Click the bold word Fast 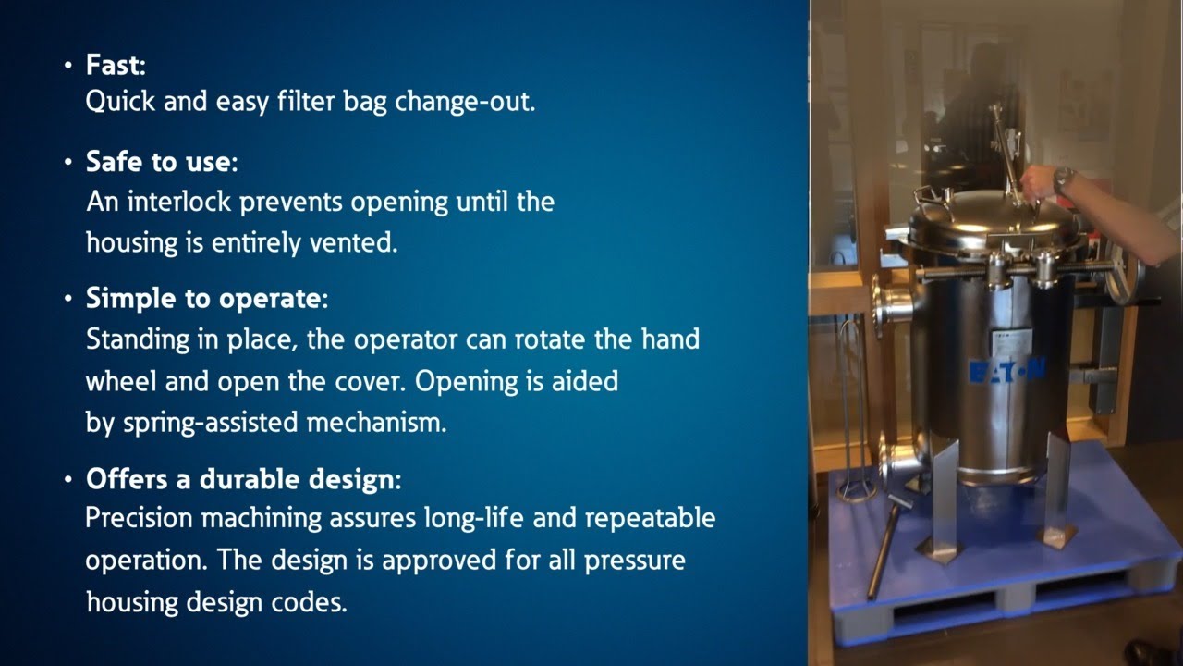115,65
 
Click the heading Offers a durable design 242,480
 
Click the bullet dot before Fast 67,66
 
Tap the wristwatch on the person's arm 1064,179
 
